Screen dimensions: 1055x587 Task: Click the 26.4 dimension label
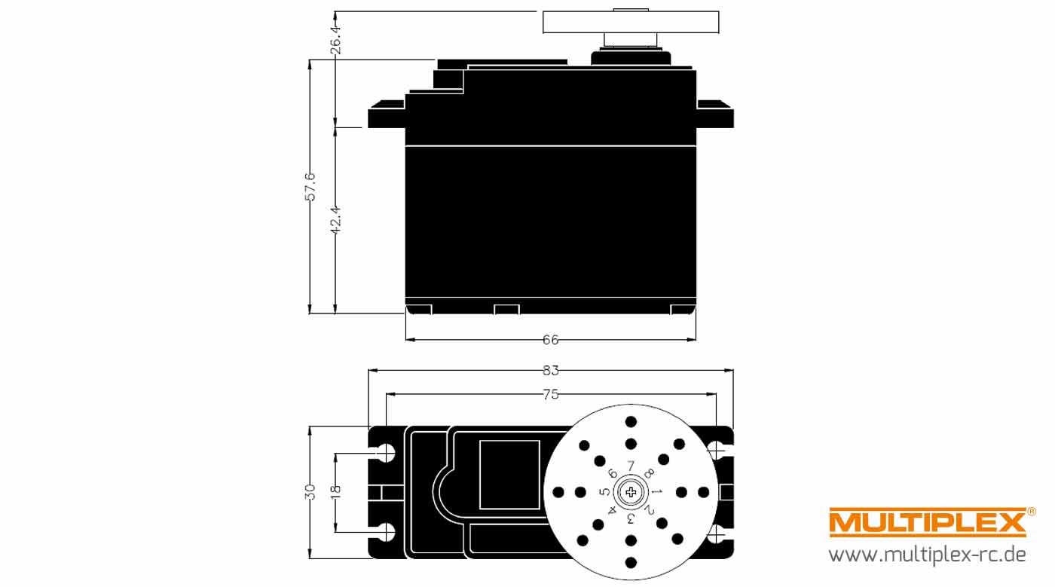pyautogui.click(x=335, y=39)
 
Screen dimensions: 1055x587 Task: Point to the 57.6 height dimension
pyautogui.click(x=310, y=187)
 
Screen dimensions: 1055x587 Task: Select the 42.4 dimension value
pyautogui.click(x=335, y=220)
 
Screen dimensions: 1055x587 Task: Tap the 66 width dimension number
pyautogui.click(x=551, y=340)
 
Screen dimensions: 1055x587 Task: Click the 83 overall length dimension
pyautogui.click(x=551, y=370)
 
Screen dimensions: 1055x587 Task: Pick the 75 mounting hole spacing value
pyautogui.click(x=551, y=394)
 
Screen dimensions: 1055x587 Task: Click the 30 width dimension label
pyautogui.click(x=310, y=492)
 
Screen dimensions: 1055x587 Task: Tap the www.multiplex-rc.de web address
pyautogui.click(x=927, y=555)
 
